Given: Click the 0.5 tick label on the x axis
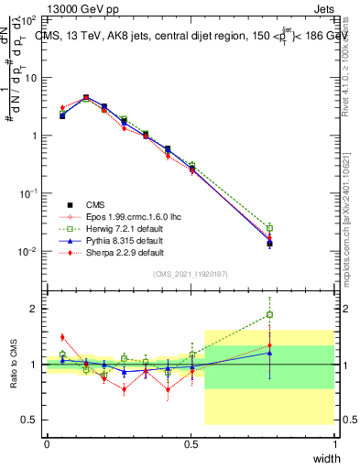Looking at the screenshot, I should [191, 444].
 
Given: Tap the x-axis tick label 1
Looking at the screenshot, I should [335, 444].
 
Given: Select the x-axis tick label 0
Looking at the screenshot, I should [47, 444].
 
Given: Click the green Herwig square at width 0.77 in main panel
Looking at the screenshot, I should [269, 228].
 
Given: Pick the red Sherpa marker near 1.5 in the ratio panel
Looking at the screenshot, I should [62, 337].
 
